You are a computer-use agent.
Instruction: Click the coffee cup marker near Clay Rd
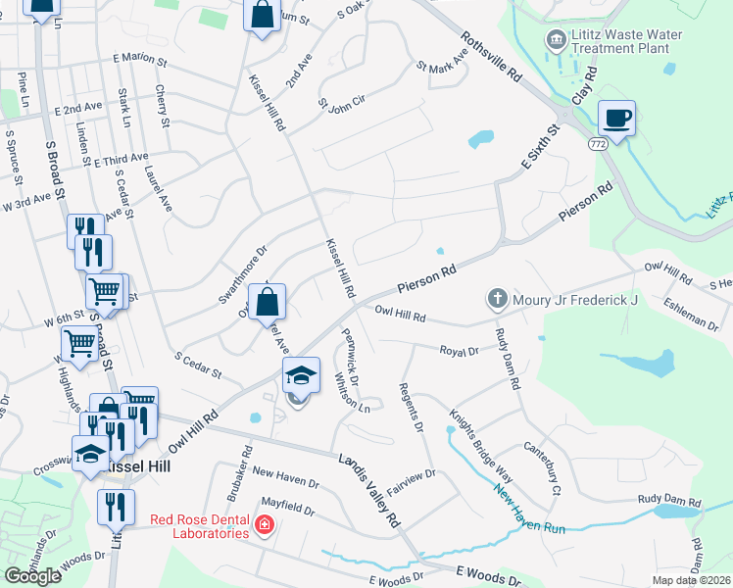(x=615, y=119)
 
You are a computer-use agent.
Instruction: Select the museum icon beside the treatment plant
(x=556, y=40)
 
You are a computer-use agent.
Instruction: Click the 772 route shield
(x=598, y=144)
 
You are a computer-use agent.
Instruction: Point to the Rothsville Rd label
(x=490, y=62)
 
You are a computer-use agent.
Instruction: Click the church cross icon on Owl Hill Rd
(x=497, y=298)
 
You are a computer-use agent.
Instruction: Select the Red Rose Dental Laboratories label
(x=199, y=526)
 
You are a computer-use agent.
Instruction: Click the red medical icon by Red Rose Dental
(x=263, y=527)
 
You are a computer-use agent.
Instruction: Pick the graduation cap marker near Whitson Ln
(x=301, y=375)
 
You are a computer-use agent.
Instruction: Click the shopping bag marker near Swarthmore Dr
(x=266, y=302)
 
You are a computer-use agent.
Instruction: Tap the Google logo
(x=32, y=576)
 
